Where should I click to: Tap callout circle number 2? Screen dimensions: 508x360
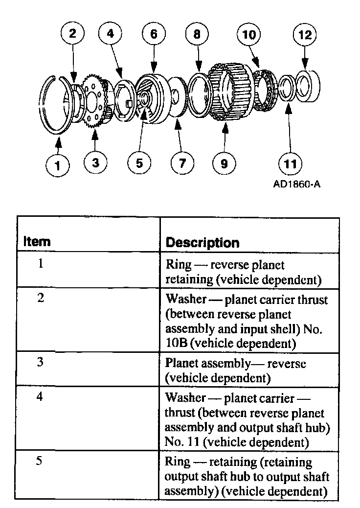(x=72, y=34)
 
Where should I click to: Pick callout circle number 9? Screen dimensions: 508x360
(x=224, y=163)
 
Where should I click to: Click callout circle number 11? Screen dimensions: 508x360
(x=291, y=163)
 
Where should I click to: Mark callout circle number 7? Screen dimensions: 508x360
(x=182, y=163)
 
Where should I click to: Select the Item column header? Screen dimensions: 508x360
(x=37, y=242)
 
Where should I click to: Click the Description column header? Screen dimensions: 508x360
(x=203, y=242)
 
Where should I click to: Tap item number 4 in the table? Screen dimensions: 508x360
(x=41, y=397)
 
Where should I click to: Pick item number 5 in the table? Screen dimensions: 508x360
(x=41, y=462)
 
